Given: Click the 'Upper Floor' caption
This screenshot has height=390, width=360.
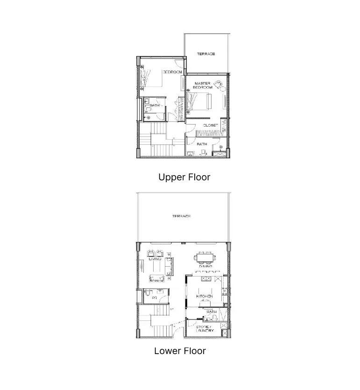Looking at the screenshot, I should point(184,177).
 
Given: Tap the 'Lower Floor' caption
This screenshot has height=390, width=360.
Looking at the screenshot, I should point(180,351).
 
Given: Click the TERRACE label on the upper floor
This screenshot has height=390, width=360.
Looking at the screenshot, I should point(205,54).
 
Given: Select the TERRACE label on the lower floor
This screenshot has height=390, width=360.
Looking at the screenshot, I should point(181,216).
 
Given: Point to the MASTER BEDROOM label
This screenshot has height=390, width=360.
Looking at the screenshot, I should point(203,85).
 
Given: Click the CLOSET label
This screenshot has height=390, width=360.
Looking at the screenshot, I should point(211,125).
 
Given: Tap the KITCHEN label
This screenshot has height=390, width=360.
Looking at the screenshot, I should point(204,297).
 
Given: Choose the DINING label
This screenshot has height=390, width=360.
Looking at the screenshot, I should point(205,266).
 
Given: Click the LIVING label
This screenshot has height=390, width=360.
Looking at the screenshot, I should point(155,258).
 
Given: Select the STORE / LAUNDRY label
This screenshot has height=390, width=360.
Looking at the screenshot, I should point(205,328).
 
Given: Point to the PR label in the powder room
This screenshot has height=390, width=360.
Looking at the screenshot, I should point(154,298).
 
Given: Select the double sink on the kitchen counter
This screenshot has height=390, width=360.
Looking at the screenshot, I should point(206,279).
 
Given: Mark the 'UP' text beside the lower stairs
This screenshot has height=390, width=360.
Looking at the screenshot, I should point(172,309).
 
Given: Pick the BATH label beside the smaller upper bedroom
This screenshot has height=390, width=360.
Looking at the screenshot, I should point(155,106).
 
